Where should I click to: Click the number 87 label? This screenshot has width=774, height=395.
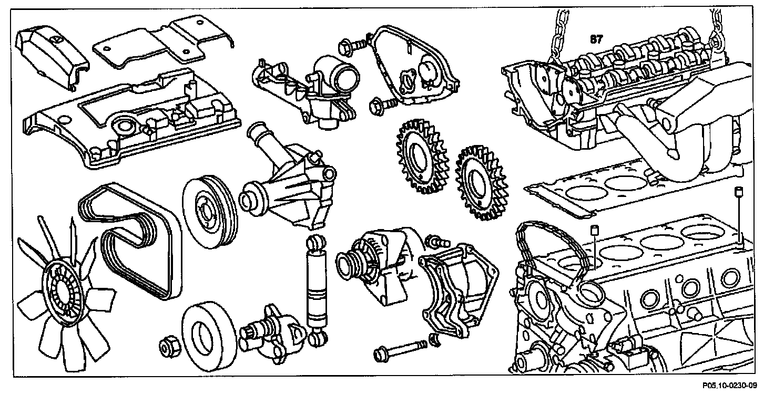(x=597, y=39)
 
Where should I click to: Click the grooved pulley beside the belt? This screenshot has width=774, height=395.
(x=209, y=210)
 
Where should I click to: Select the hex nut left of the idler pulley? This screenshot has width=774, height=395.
(x=170, y=346)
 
